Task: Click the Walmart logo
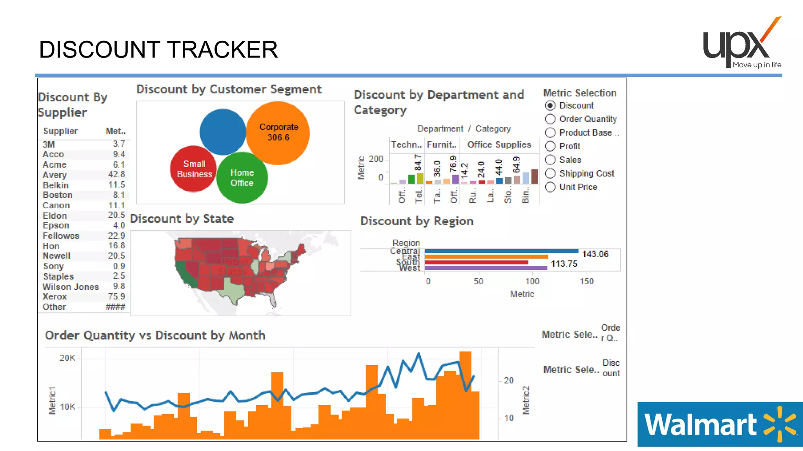coord(720,424)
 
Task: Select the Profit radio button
coord(550,146)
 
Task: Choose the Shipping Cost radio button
coord(550,173)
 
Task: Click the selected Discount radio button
coord(550,106)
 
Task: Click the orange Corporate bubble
coord(278,133)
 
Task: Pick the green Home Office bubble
coord(242,178)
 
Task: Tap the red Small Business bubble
coord(194,169)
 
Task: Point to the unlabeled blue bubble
coord(222,132)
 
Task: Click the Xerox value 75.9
coord(116,297)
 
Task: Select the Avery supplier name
coord(55,175)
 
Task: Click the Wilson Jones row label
coord(71,287)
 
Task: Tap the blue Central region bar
coord(501,251)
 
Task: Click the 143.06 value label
coord(595,254)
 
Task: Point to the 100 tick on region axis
coord(532,281)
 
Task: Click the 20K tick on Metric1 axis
coord(67,358)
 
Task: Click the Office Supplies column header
coord(499,145)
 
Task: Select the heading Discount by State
coord(182,219)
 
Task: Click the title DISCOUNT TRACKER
coord(158,50)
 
